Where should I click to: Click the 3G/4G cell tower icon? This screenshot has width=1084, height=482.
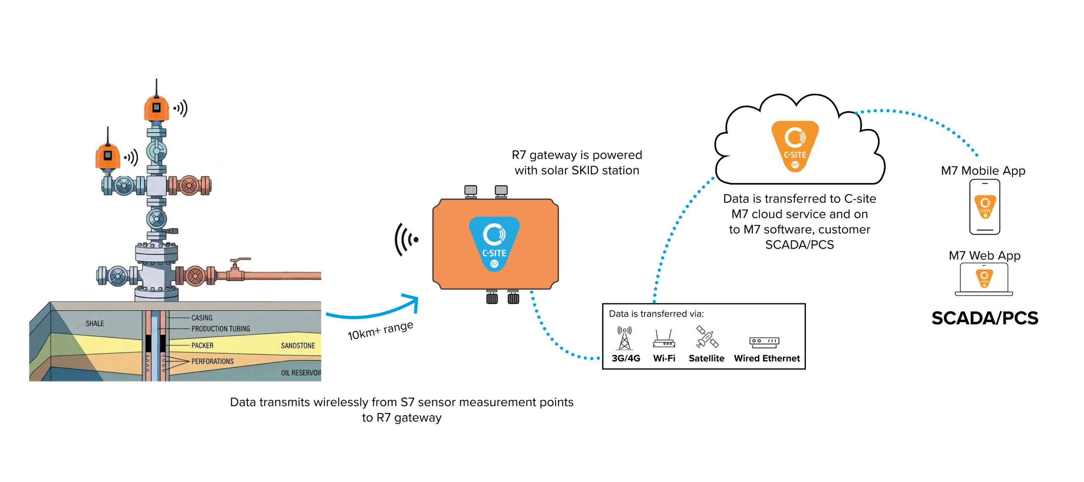point(625,338)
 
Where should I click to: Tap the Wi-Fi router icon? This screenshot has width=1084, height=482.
point(664,339)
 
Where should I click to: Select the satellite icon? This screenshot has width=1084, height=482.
point(707,337)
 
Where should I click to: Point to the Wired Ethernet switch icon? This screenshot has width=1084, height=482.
point(764,342)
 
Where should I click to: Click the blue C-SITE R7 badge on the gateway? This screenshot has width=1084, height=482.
point(494,244)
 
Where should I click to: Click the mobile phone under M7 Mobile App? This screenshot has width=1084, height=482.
point(984,207)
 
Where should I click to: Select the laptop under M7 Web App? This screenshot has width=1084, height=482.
point(984,279)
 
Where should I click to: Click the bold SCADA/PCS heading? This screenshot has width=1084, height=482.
point(984,318)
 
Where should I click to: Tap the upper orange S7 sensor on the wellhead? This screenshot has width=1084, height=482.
point(156,108)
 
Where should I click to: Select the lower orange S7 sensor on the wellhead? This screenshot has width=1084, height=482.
point(108,156)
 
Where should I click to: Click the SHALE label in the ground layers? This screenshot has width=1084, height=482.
point(94,323)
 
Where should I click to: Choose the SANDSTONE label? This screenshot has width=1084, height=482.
point(298,345)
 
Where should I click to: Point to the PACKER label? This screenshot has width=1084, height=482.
point(202,345)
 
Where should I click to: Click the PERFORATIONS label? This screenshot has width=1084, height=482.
point(212,361)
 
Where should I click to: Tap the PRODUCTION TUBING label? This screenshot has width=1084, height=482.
point(220,328)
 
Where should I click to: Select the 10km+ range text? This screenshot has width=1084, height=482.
point(380,330)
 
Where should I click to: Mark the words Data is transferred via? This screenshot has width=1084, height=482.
point(656,314)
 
